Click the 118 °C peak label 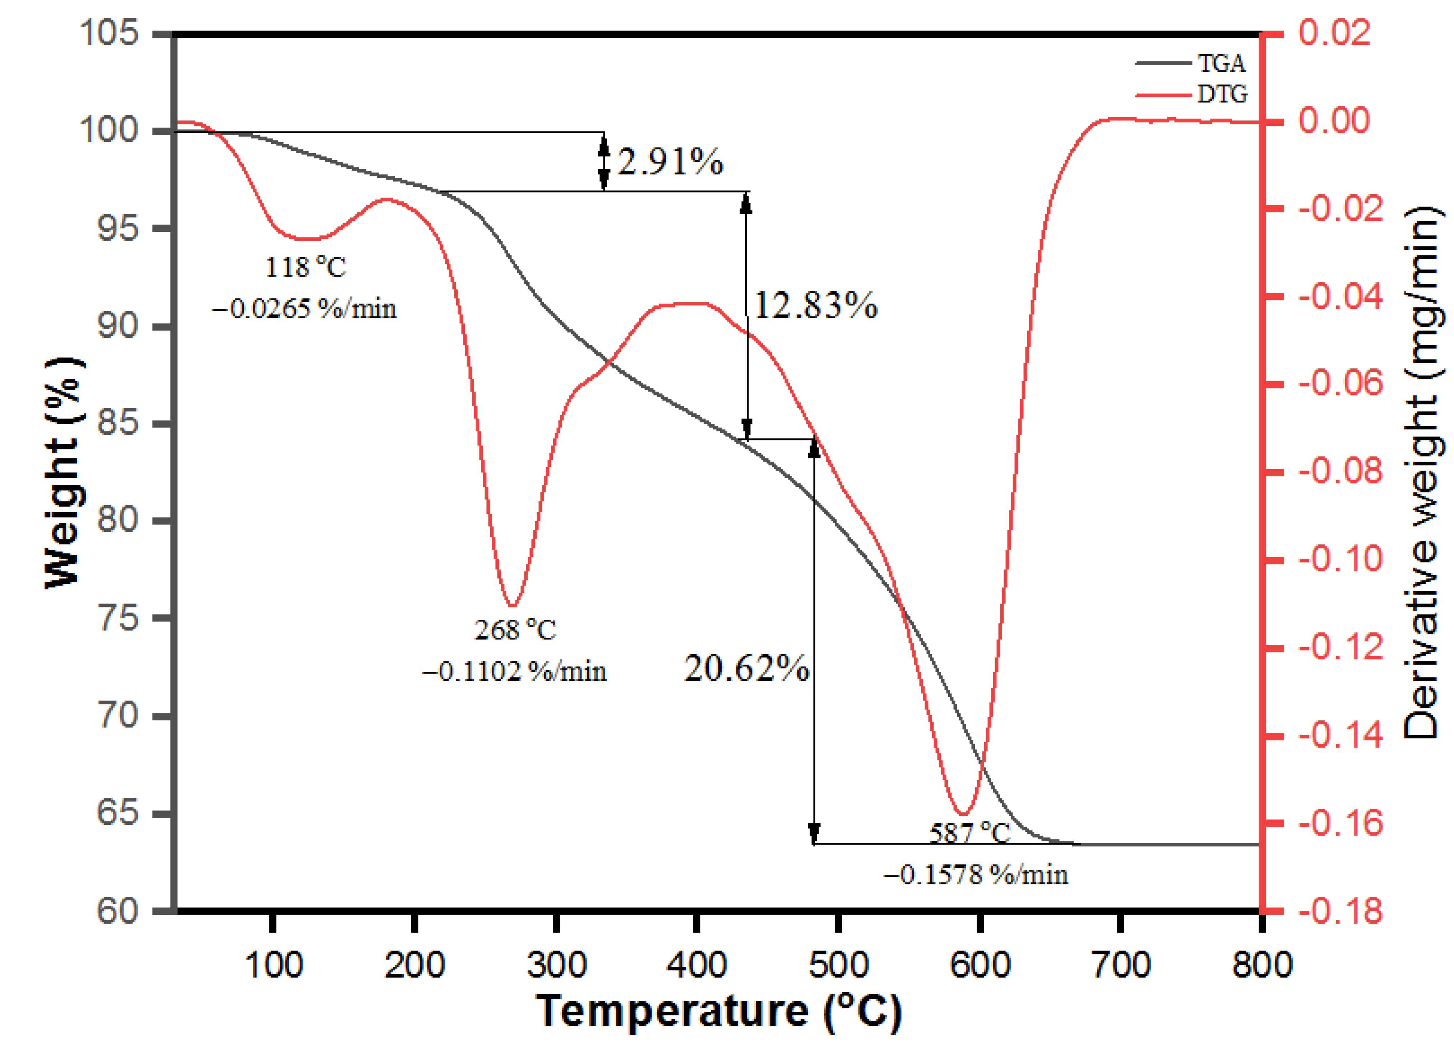coord(305,267)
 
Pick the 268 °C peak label coord(515,630)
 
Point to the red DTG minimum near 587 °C coord(963,814)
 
